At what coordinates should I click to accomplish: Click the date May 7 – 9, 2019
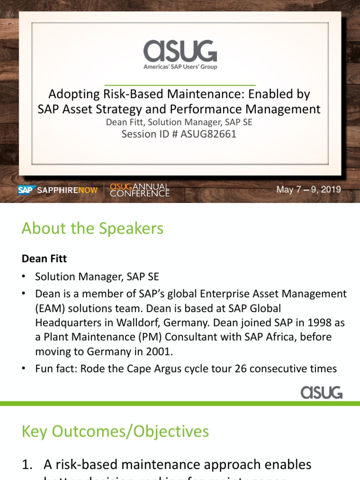[x=308, y=190]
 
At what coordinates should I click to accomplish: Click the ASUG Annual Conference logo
[x=139, y=190]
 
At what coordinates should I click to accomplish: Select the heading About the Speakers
[x=92, y=229]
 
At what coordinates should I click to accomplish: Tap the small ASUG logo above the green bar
[x=321, y=392]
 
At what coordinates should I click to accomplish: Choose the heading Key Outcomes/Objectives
[x=115, y=431]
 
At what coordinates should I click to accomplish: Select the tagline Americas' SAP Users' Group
[x=180, y=67]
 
